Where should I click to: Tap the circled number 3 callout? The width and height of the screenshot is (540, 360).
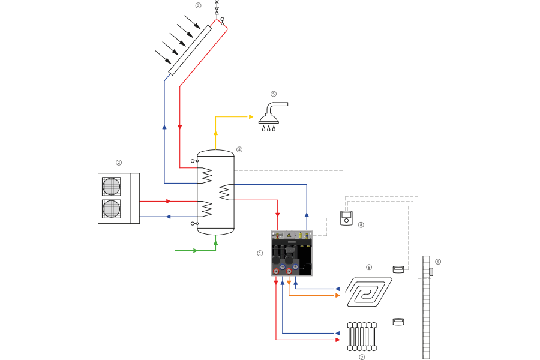tap(198, 5)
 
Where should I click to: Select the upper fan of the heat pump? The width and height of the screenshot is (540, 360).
tap(112, 186)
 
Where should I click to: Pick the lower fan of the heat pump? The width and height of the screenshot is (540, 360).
tap(112, 209)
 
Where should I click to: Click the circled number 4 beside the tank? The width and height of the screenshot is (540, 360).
tap(239, 149)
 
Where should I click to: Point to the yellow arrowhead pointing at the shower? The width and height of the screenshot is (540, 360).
tap(251, 116)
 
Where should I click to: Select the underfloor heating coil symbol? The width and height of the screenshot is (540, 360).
tap(367, 292)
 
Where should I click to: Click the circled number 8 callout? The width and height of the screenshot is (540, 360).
tap(361, 225)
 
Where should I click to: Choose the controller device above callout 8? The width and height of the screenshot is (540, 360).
tap(346, 218)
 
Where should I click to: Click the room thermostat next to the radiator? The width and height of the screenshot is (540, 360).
tap(398, 322)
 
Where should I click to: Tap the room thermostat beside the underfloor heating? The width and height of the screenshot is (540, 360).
tap(398, 269)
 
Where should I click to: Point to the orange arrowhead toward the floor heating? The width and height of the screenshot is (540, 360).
tap(337, 295)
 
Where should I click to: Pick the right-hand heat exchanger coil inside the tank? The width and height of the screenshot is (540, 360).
tap(225, 192)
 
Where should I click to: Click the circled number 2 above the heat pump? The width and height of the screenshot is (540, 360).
tap(119, 162)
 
